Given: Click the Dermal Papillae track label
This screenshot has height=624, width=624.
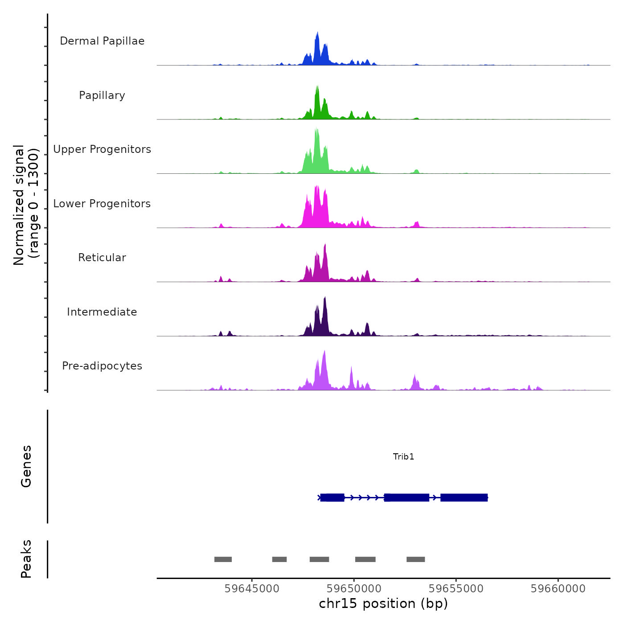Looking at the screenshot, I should pyautogui.click(x=102, y=41).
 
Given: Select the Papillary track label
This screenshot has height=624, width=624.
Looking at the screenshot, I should pyautogui.click(x=102, y=95).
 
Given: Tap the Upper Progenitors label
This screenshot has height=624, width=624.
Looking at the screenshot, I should pyautogui.click(x=102, y=149).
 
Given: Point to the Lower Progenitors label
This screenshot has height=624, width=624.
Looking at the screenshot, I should pyautogui.click(x=102, y=204).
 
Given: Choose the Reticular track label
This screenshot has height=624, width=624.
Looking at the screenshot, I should pyautogui.click(x=102, y=258).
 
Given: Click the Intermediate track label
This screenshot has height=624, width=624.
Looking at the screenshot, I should pyautogui.click(x=102, y=312).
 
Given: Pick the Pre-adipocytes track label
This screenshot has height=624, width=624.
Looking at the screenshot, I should pyautogui.click(x=102, y=366).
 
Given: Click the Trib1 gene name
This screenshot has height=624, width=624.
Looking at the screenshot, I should pyautogui.click(x=403, y=456).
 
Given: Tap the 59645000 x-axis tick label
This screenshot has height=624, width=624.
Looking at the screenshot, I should pyautogui.click(x=252, y=588).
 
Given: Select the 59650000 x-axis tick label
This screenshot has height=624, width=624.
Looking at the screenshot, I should pyautogui.click(x=354, y=588).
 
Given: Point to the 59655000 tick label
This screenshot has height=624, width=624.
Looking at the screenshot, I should pyautogui.click(x=456, y=588).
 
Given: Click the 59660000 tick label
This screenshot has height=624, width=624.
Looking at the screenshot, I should pyautogui.click(x=558, y=588).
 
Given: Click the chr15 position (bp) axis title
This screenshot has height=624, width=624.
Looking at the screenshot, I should pyautogui.click(x=383, y=603).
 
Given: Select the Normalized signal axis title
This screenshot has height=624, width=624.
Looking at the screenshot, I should pyautogui.click(x=26, y=205).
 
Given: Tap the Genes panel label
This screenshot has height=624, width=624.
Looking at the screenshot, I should pyautogui.click(x=26, y=466).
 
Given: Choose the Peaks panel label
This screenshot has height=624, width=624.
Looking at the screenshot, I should pyautogui.click(x=26, y=559).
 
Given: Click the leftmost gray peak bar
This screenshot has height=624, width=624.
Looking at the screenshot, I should pyautogui.click(x=223, y=559).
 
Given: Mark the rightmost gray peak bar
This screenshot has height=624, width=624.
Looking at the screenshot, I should pyautogui.click(x=415, y=559).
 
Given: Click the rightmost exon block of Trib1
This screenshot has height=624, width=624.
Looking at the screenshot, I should pyautogui.click(x=464, y=497).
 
